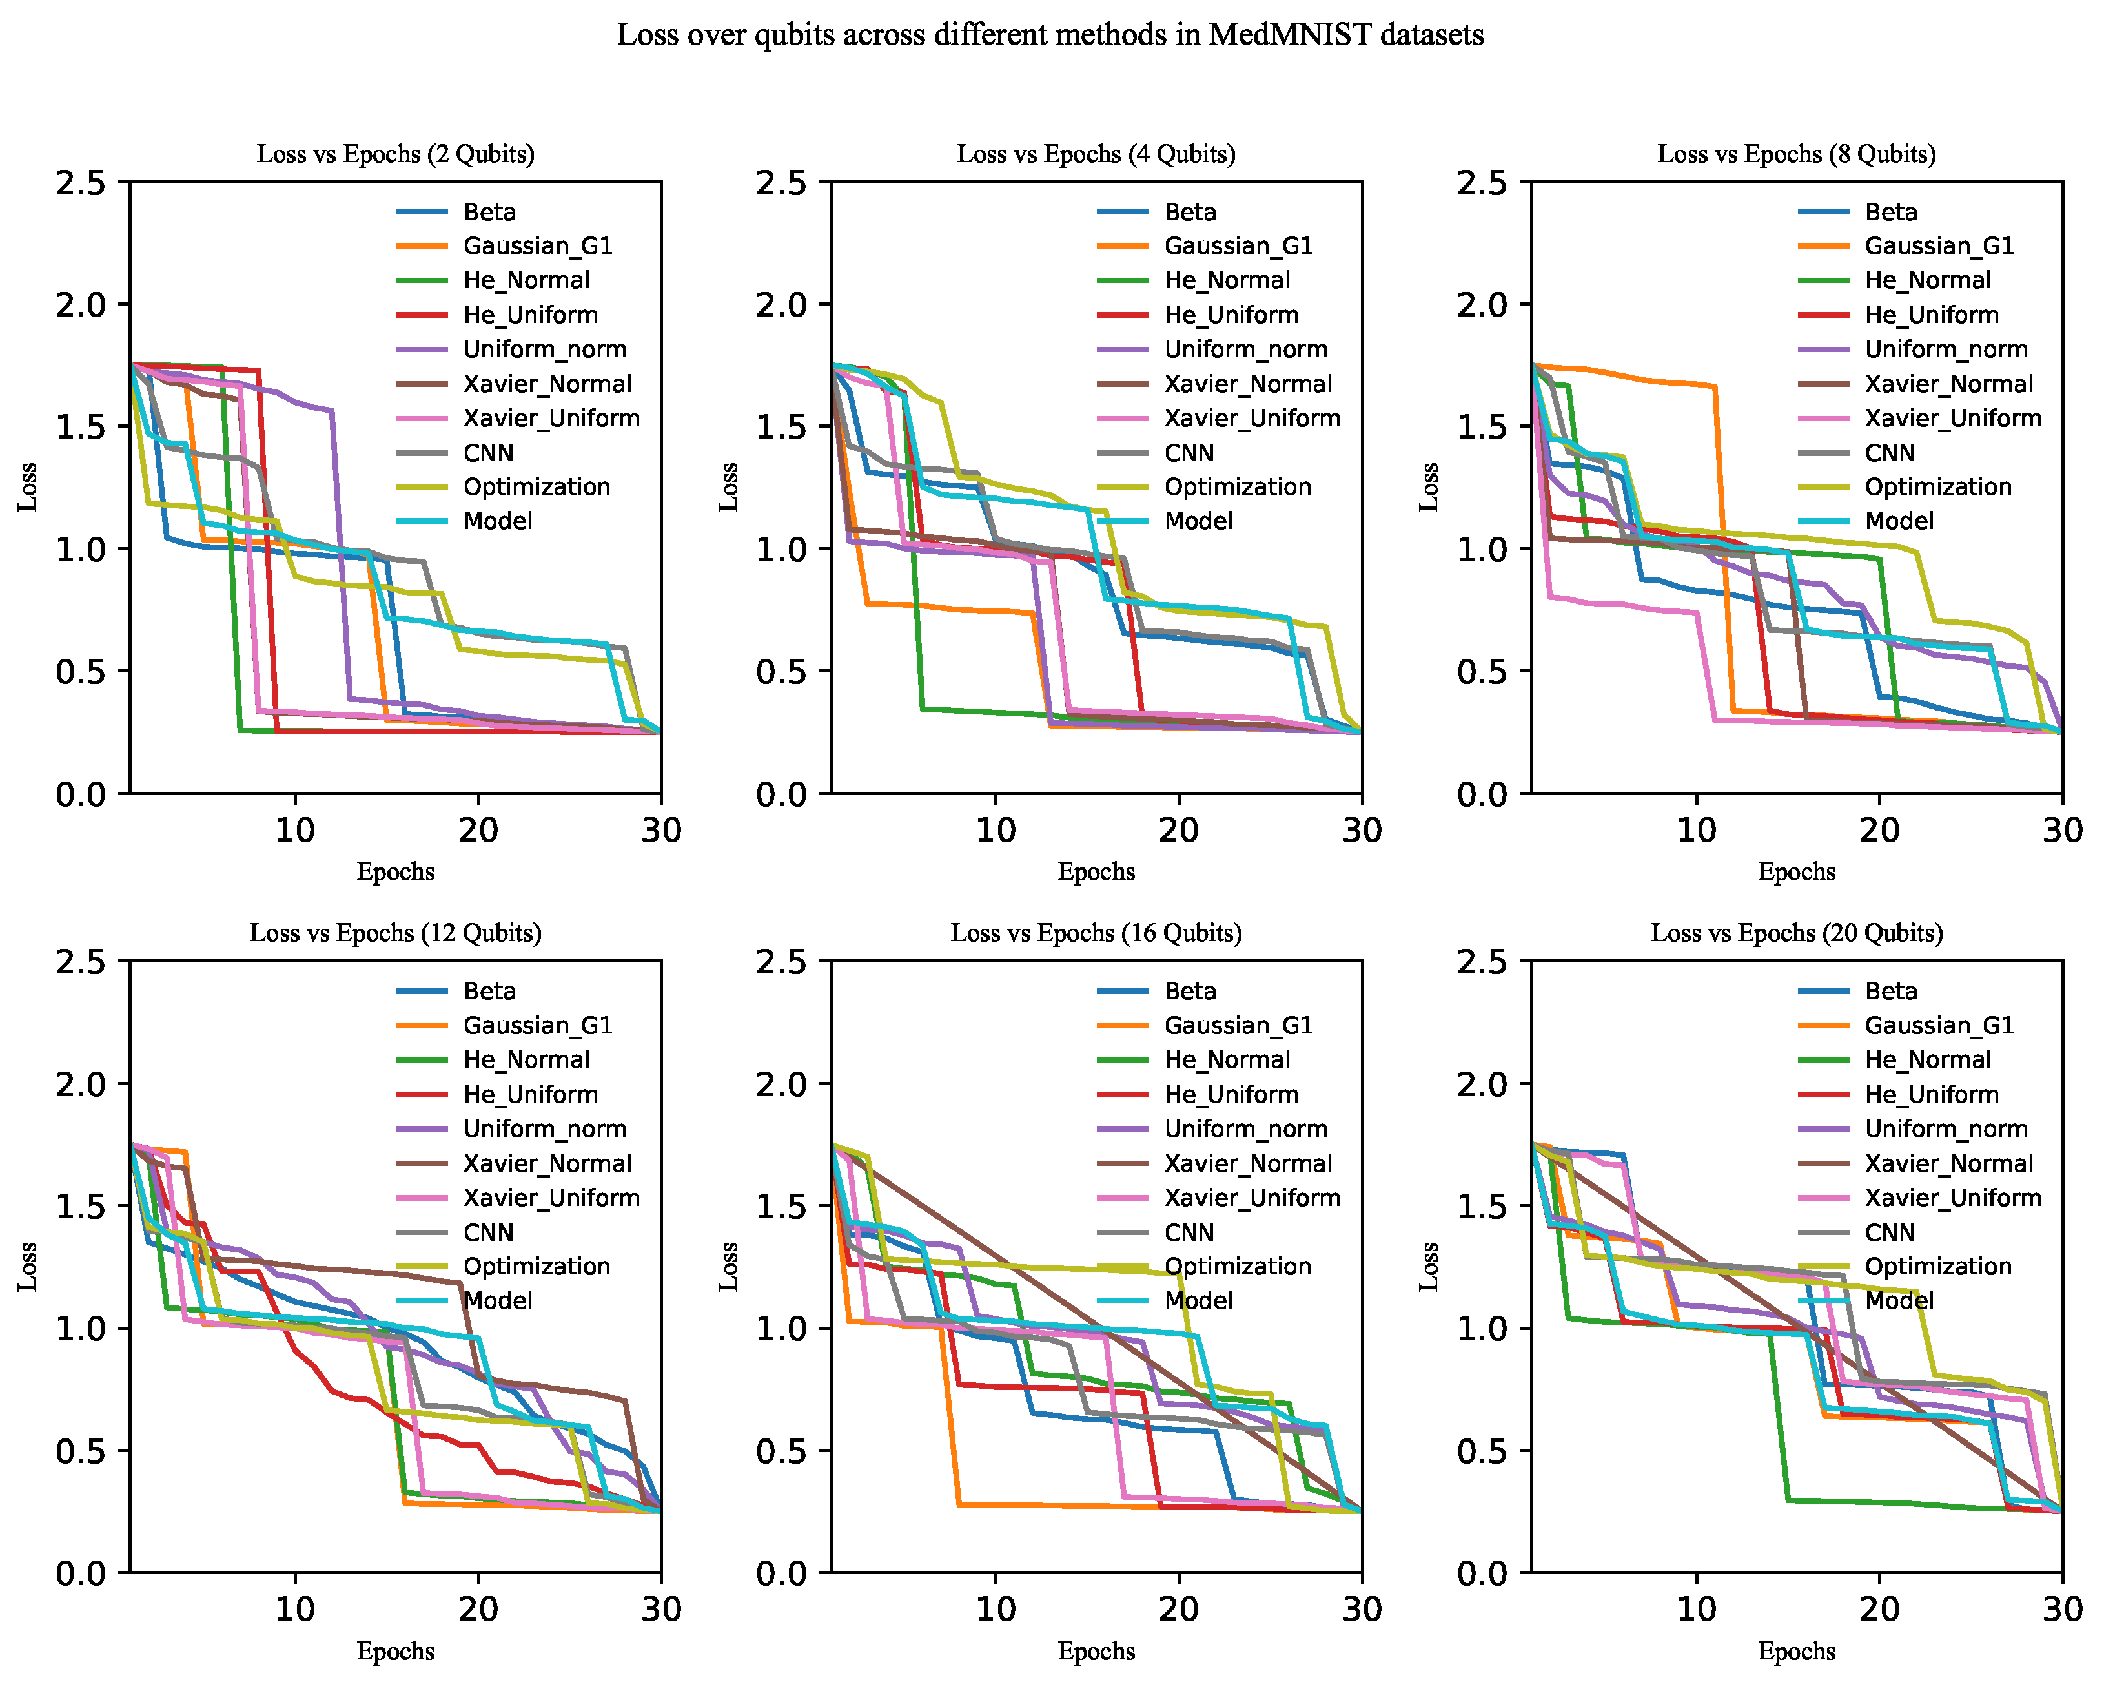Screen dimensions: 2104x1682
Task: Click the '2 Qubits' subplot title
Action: click(395, 154)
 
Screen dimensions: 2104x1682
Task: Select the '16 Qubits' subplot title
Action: click(1096, 933)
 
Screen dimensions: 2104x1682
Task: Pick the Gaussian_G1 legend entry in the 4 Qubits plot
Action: click(1205, 246)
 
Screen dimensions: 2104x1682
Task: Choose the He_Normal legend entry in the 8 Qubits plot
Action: click(1894, 280)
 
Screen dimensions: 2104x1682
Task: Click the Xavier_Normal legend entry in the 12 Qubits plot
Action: click(515, 1163)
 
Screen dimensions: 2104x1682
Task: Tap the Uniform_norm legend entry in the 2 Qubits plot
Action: click(511, 349)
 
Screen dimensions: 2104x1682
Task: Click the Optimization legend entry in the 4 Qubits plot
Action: click(1204, 487)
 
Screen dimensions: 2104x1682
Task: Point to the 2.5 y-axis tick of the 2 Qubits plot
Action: click(80, 183)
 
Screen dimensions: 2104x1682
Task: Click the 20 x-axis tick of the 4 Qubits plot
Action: click(1179, 831)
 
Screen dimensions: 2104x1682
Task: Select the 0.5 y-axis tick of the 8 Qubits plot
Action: click(1482, 672)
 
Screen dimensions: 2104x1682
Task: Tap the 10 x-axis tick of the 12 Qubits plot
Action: click(295, 1610)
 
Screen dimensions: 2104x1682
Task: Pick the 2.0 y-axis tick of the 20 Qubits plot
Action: click(1482, 1085)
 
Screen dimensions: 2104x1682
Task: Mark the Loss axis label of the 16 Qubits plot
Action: click(728, 1266)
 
